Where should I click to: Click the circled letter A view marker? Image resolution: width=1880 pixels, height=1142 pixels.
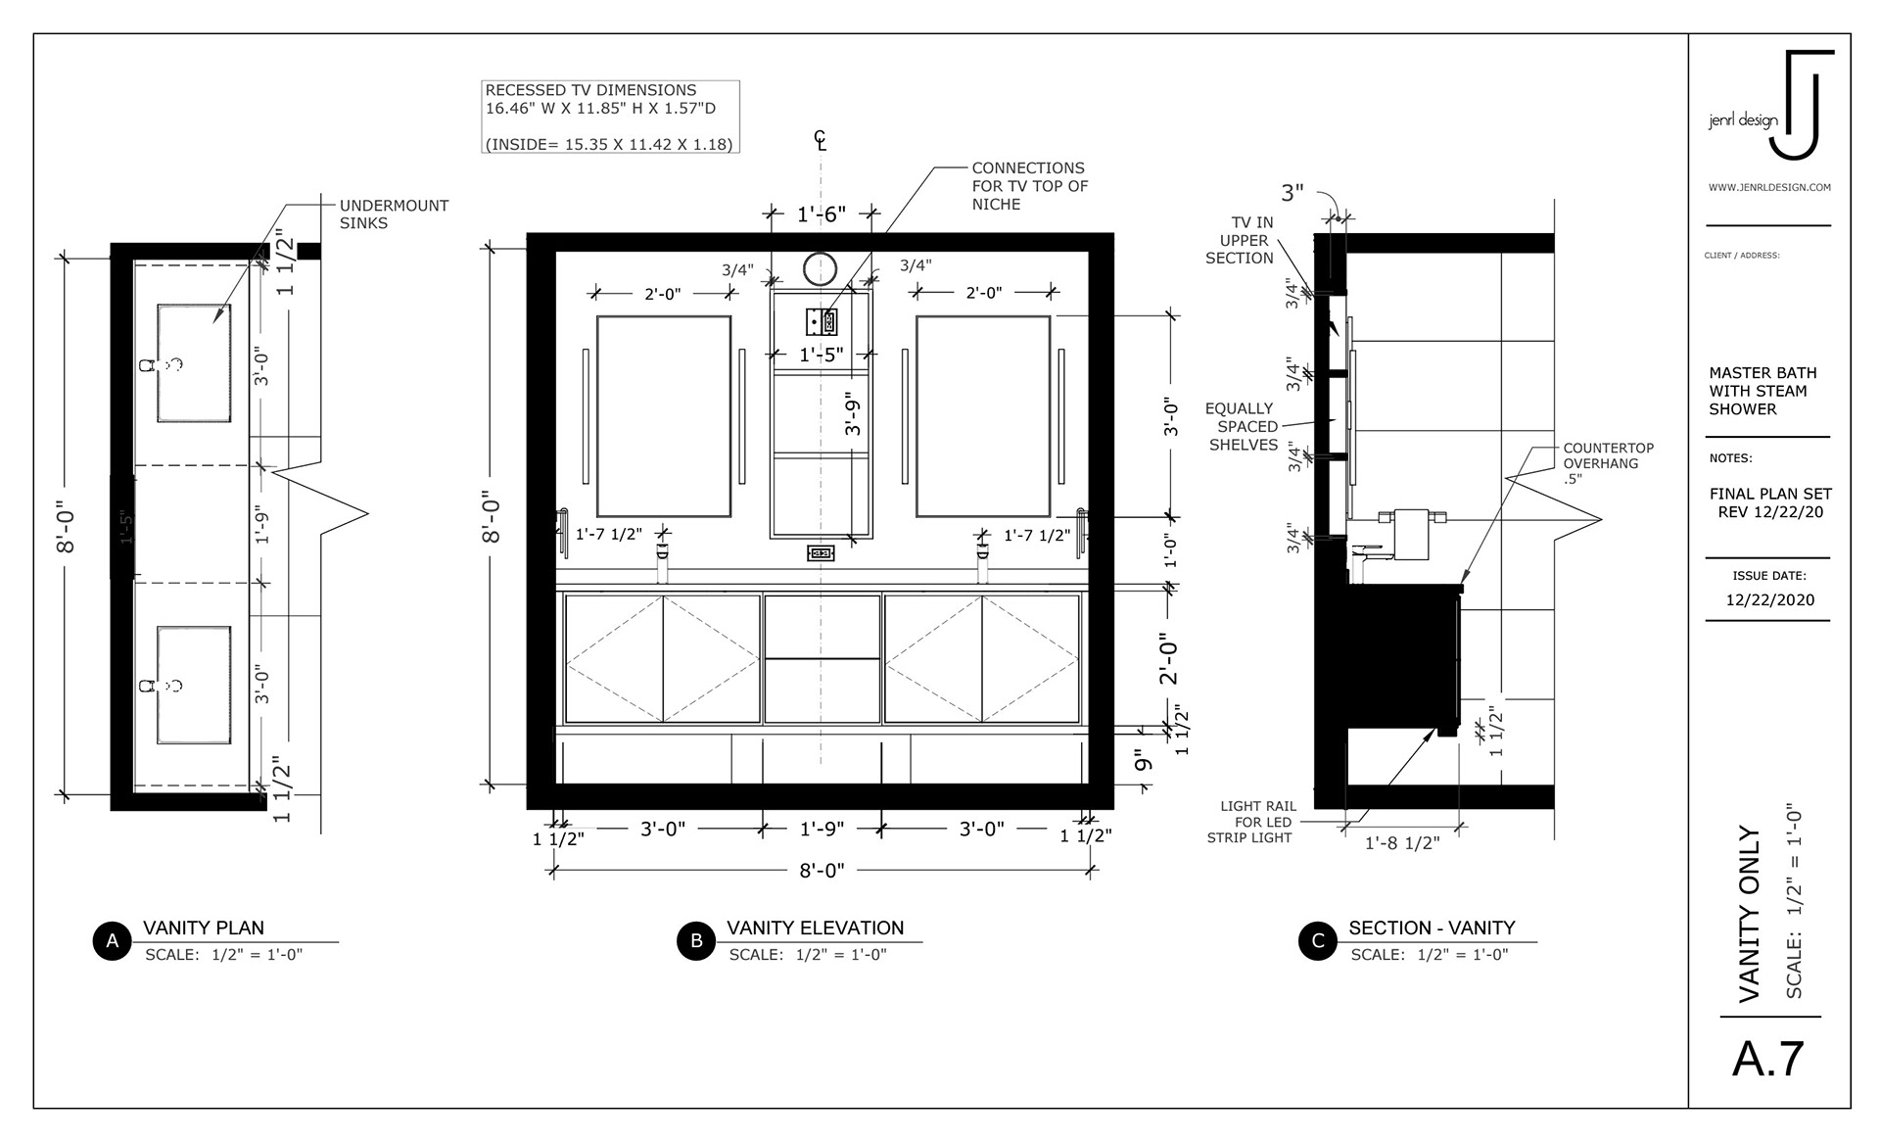click(113, 941)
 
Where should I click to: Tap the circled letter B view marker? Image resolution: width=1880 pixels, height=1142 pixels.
click(696, 941)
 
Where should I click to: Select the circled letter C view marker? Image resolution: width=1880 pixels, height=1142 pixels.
click(1318, 941)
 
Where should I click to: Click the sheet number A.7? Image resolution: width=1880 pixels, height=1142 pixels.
click(1768, 1059)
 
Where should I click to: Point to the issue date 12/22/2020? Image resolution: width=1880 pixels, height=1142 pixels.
click(1769, 600)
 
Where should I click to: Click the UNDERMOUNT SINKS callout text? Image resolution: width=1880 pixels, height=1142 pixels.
click(394, 214)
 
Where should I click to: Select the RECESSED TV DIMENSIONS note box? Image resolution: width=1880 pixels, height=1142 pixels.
click(610, 117)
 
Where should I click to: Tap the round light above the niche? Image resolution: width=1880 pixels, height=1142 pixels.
click(821, 268)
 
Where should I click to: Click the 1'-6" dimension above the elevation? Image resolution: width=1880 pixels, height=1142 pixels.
click(821, 214)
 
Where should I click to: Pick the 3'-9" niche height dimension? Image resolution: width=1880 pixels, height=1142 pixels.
click(853, 414)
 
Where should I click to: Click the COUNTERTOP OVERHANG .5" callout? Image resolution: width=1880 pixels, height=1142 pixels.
click(1608, 463)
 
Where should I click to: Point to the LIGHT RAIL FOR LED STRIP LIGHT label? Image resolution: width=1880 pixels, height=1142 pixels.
click(1250, 822)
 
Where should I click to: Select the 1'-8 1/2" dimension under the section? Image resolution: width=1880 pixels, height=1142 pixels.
click(1402, 843)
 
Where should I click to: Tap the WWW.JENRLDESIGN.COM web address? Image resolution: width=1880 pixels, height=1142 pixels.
click(1769, 187)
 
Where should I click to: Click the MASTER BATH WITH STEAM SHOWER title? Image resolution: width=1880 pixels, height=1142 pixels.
click(1762, 391)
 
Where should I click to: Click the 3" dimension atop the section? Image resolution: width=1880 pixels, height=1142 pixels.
click(1292, 193)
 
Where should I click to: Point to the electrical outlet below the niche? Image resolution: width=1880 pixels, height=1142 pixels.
click(821, 553)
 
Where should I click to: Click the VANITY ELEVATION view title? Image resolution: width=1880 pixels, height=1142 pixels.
click(815, 928)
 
